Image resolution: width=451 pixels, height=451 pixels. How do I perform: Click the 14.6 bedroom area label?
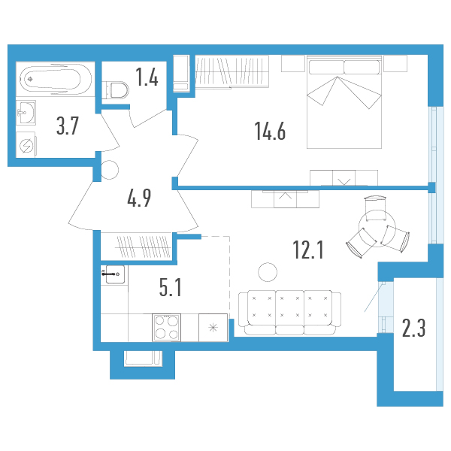(x=270, y=131)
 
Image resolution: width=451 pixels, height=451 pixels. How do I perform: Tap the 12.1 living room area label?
(x=308, y=250)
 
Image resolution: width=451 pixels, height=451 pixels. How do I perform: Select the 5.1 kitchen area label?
(x=171, y=288)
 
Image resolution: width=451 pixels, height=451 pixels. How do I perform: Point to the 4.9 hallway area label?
(x=139, y=198)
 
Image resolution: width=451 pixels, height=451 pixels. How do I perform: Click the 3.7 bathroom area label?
(x=68, y=126)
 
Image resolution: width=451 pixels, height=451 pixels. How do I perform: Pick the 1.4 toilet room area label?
(x=147, y=77)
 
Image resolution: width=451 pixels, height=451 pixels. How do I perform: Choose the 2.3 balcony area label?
(x=413, y=328)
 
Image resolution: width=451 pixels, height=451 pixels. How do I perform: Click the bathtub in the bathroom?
(x=56, y=79)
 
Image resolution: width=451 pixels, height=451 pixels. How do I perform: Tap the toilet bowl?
(x=116, y=89)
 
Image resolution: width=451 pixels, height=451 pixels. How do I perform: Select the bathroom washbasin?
(x=26, y=113)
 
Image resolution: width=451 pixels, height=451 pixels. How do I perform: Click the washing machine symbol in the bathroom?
(x=26, y=145)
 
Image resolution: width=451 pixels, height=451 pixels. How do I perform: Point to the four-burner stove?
(x=167, y=328)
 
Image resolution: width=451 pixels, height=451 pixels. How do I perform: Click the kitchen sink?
(x=115, y=274)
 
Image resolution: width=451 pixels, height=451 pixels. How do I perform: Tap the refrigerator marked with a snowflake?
(x=213, y=328)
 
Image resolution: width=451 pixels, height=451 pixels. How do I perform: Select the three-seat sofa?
(x=289, y=313)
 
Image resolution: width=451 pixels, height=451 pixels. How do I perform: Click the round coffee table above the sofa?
(x=268, y=272)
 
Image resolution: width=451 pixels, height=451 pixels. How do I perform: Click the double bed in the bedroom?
(x=344, y=102)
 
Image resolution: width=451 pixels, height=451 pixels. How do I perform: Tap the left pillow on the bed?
(x=326, y=67)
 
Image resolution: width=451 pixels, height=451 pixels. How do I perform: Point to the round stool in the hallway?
(x=109, y=170)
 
